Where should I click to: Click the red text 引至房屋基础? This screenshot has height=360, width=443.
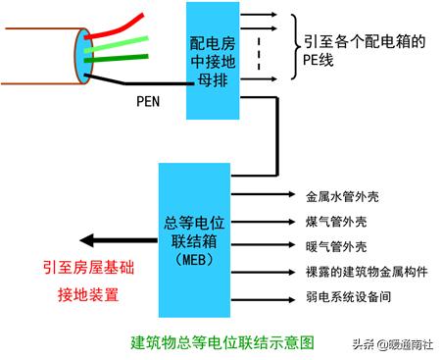(x=87, y=268)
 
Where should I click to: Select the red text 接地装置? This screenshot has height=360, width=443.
(x=87, y=292)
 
